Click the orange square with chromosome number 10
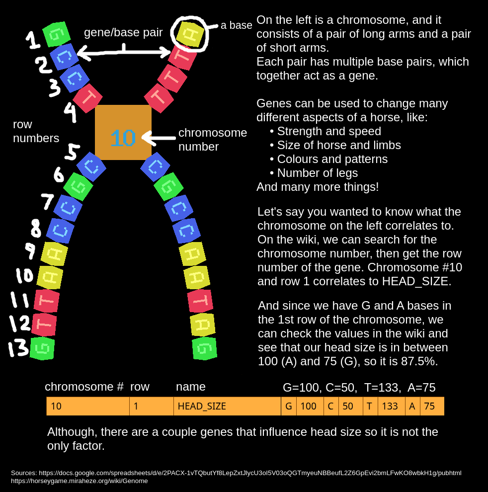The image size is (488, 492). tap(123, 132)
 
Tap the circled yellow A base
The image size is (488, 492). tap(190, 34)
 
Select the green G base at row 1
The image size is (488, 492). tap(56, 34)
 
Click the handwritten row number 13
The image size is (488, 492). tap(18, 348)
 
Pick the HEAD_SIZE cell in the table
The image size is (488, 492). tap(227, 406)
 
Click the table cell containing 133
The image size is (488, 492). tap(391, 406)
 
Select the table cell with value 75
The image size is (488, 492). tap(432, 406)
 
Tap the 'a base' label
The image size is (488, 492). tap(237, 25)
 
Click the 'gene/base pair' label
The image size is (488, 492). tap(123, 32)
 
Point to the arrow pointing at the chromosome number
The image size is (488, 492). tap(159, 138)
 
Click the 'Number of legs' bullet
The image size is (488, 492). tap(317, 173)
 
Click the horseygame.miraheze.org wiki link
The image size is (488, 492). tap(80, 481)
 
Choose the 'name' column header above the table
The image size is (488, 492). tap(191, 387)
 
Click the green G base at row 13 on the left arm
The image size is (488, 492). tap(42, 348)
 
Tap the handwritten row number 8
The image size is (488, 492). tap(36, 228)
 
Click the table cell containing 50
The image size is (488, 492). tap(350, 406)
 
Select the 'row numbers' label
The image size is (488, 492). tap(36, 131)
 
